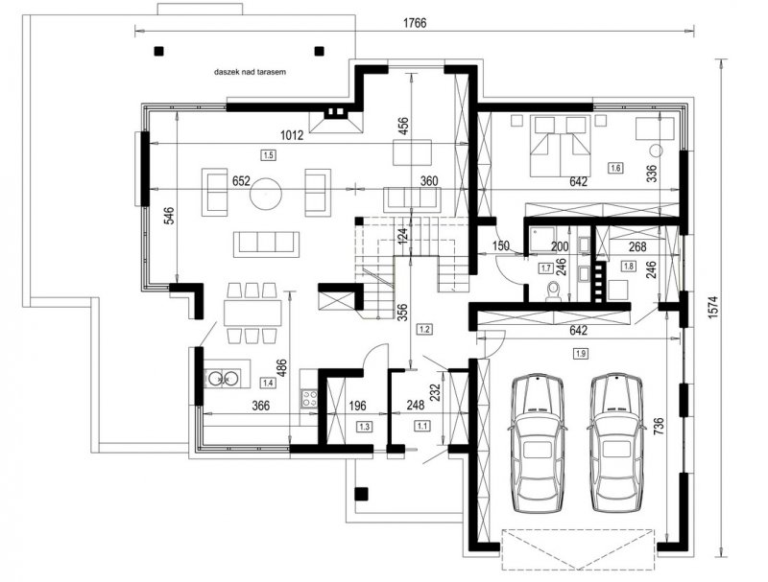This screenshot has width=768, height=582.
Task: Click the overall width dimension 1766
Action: point(415,23)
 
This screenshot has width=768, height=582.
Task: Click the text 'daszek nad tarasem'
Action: point(250,72)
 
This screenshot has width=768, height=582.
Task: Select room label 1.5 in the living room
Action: point(269,155)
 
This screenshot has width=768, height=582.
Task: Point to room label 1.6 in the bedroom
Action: point(615,168)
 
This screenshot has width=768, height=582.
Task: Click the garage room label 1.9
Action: point(581,353)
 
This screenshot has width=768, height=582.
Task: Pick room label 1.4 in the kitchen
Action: point(268,383)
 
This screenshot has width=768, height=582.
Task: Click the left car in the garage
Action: point(538,443)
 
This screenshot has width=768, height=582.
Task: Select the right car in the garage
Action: point(616,443)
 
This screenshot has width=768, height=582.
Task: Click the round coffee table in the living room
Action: point(266,193)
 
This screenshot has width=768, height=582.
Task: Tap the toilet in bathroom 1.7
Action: point(555,291)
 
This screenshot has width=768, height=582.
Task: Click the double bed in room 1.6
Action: point(560,146)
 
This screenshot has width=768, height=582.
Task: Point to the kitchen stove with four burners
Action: point(308,398)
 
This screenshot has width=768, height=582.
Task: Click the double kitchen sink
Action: point(223,378)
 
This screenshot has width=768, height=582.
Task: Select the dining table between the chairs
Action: point(253,313)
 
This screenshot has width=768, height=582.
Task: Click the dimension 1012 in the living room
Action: point(292,135)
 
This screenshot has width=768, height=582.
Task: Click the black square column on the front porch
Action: point(362,494)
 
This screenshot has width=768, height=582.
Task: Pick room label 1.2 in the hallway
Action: point(424,329)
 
